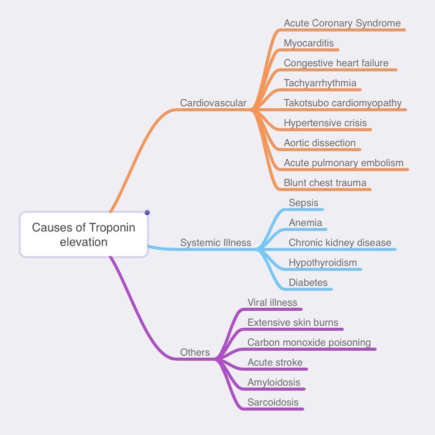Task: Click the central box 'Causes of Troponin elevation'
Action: point(83,234)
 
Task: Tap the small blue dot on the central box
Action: point(147,213)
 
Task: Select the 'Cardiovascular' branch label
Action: point(213,103)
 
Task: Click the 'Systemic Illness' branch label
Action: point(216,242)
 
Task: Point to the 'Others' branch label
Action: point(195,352)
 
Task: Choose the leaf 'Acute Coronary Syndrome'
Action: point(342,23)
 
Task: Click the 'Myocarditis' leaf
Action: point(309,43)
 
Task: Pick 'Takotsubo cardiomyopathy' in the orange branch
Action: point(343,103)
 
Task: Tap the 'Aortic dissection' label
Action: point(320,143)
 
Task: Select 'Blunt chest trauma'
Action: point(325,183)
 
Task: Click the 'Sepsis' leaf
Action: point(303,203)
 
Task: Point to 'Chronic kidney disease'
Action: point(340,242)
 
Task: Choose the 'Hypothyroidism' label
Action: point(323,262)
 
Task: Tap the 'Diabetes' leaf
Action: point(308,282)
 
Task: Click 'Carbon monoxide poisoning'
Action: point(309,342)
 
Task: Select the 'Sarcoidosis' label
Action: point(273,402)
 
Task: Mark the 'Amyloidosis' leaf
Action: point(274,382)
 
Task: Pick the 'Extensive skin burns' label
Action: point(293,322)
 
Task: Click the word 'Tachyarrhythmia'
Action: point(320,83)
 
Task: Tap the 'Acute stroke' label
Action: point(275,362)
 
